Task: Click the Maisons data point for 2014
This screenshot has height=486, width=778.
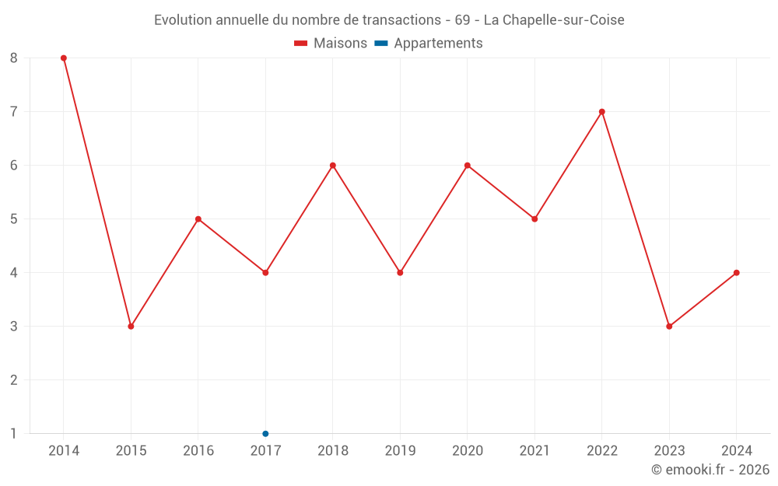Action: [x=64, y=58]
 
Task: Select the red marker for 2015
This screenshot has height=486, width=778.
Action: [x=131, y=327]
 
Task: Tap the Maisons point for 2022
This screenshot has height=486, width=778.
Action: [x=602, y=111]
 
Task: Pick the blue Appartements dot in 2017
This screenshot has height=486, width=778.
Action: [x=265, y=434]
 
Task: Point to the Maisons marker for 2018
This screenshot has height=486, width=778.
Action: [x=333, y=165]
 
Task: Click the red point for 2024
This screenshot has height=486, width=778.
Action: [x=737, y=273]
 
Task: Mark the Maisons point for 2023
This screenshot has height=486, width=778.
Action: [x=669, y=327]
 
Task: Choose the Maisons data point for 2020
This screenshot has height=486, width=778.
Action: [x=468, y=165]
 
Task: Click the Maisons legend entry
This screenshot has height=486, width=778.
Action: [x=331, y=44]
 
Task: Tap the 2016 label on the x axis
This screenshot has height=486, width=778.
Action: [x=198, y=451]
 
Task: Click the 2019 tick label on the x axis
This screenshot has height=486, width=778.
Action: [x=400, y=451]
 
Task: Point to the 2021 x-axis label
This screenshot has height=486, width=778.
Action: [x=534, y=451]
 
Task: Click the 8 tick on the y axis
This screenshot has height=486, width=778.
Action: [x=14, y=58]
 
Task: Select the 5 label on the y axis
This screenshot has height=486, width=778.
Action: [x=14, y=219]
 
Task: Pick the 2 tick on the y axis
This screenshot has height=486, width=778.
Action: [x=14, y=380]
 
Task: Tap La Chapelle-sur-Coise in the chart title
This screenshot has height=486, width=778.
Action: [x=554, y=20]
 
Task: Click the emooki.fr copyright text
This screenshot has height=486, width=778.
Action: [x=710, y=470]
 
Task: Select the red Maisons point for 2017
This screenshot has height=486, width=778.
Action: [x=265, y=273]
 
